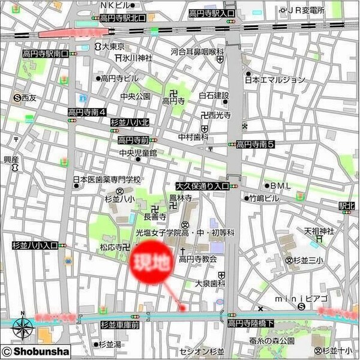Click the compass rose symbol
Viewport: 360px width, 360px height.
tap(23, 327)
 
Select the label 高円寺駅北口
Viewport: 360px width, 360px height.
tap(123, 18)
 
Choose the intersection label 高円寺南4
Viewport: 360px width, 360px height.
tap(87, 112)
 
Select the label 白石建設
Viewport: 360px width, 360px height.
tap(215, 95)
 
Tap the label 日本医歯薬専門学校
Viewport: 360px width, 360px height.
tap(106, 179)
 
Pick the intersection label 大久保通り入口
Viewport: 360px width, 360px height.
tap(203, 187)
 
